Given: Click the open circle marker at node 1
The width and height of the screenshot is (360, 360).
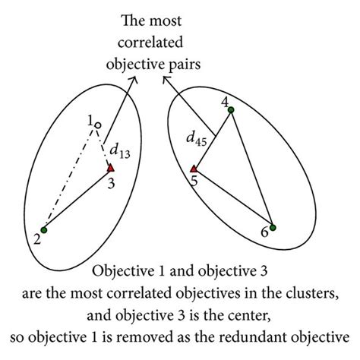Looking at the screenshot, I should coord(97,125).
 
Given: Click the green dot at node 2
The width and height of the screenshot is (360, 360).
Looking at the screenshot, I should coord(45,230).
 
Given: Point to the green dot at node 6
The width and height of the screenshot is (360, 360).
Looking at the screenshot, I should coord(273,227).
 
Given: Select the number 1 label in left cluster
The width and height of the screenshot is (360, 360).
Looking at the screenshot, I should coord(90,120).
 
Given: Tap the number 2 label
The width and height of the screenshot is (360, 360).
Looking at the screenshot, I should coord(35,240).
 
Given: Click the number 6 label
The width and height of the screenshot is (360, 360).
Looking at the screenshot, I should coord(264,233).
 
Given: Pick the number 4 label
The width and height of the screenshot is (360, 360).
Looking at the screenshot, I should coord(224,100).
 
